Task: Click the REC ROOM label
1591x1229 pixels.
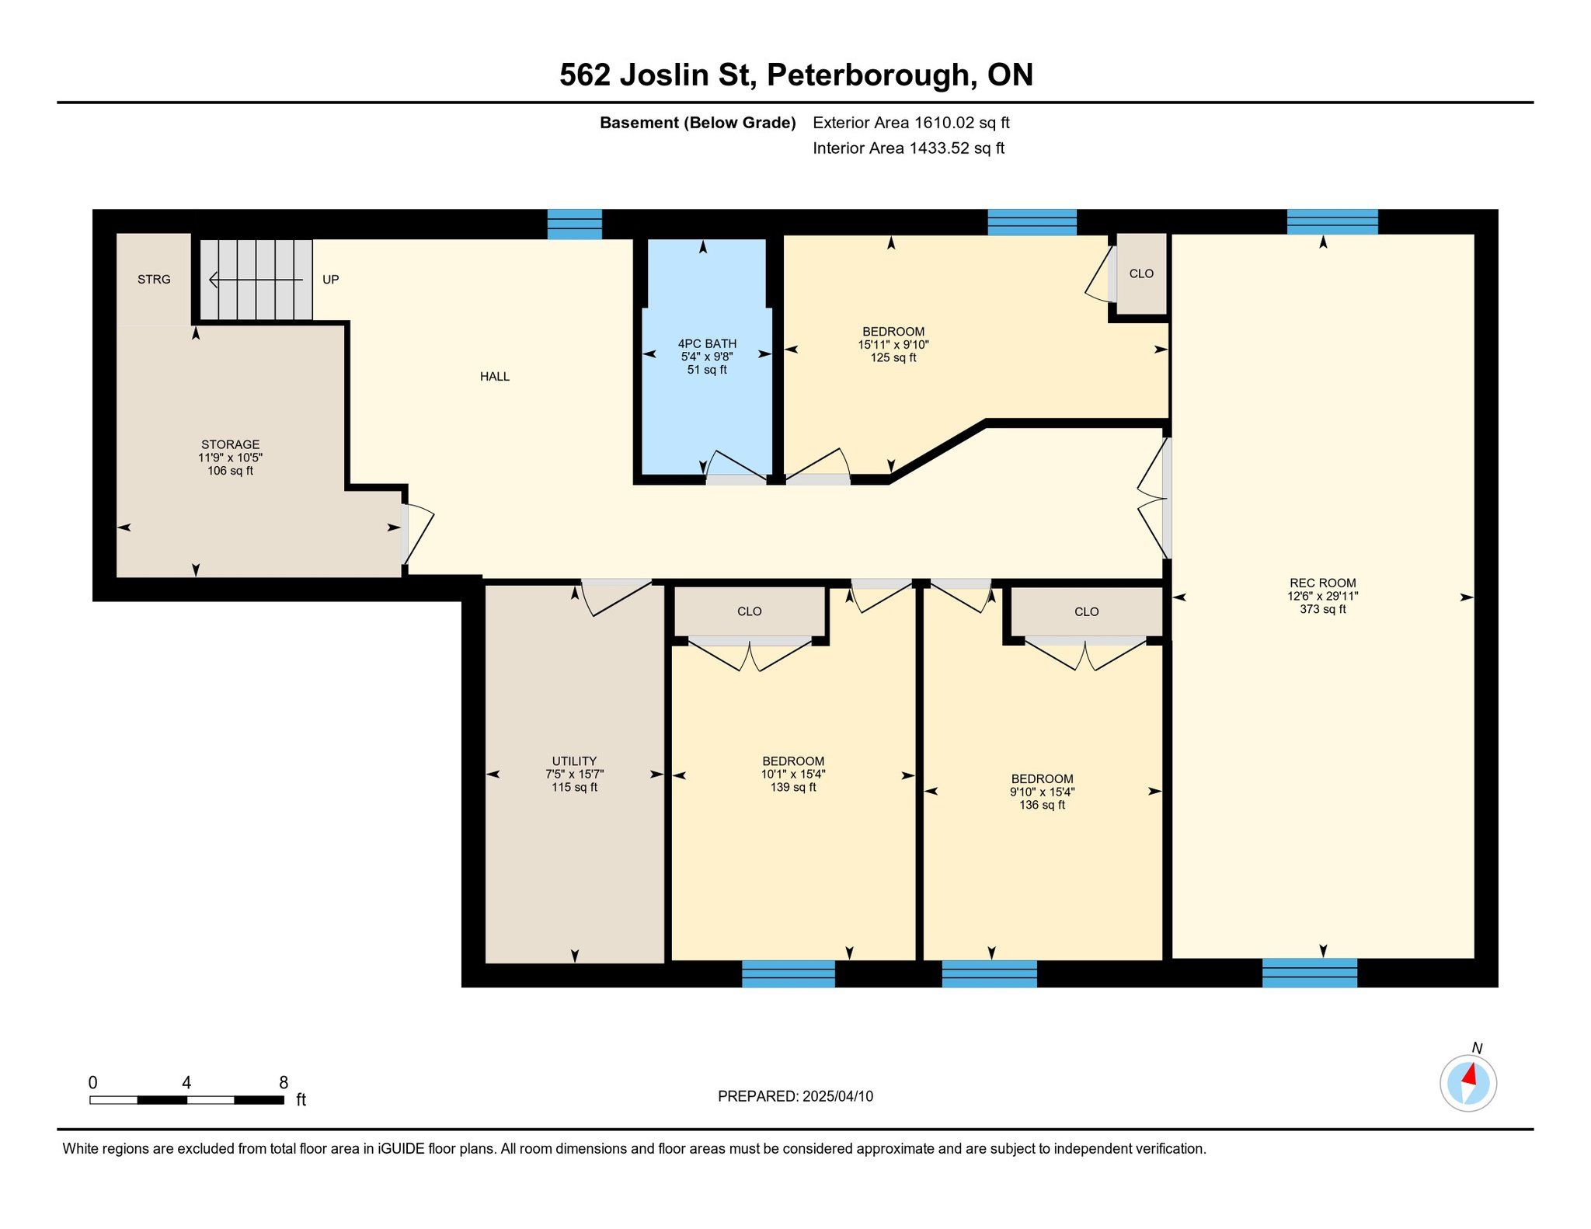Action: pyautogui.click(x=1322, y=583)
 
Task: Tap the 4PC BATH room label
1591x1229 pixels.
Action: pyautogui.click(x=707, y=343)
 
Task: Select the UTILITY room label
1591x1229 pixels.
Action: pyautogui.click(x=574, y=761)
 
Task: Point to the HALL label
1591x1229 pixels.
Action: pyautogui.click(x=495, y=377)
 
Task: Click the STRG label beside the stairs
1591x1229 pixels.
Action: pyautogui.click(x=154, y=279)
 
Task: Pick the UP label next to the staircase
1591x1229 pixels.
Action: pyautogui.click(x=331, y=280)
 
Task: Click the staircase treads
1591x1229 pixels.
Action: pyautogui.click(x=256, y=280)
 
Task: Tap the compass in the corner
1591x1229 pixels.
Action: pyautogui.click(x=1468, y=1083)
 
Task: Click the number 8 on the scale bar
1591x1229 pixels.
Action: pyautogui.click(x=284, y=1082)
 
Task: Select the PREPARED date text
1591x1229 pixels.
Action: pyautogui.click(x=795, y=1096)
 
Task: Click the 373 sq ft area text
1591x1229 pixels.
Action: pyautogui.click(x=1322, y=609)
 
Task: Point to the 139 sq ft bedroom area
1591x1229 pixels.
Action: pyautogui.click(x=792, y=787)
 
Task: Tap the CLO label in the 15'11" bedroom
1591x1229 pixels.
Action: pyautogui.click(x=1141, y=273)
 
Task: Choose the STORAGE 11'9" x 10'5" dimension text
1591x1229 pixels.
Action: pyautogui.click(x=230, y=458)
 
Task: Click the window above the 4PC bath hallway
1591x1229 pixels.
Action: pyautogui.click(x=575, y=225)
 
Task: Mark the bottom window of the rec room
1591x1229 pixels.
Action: pyautogui.click(x=1310, y=973)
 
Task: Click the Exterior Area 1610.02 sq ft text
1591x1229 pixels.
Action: pyautogui.click(x=911, y=123)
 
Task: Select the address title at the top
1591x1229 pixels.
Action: pyautogui.click(x=796, y=75)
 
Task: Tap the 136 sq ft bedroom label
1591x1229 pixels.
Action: pyautogui.click(x=1042, y=805)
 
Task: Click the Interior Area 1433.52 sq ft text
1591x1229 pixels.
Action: pyautogui.click(x=909, y=148)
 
